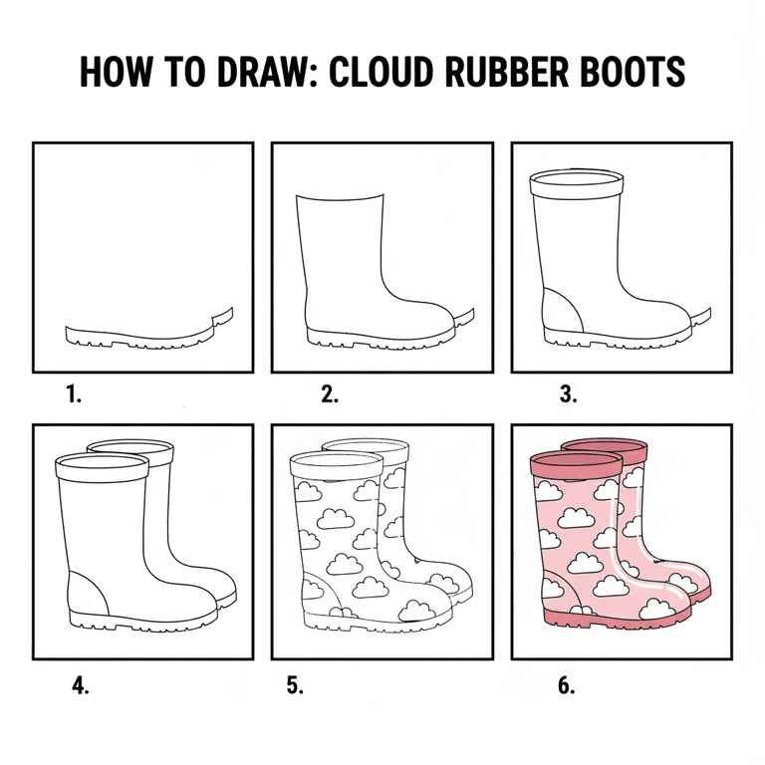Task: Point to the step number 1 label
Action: [73, 394]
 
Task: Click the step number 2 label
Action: [330, 394]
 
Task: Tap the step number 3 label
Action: [568, 394]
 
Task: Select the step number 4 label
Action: [81, 685]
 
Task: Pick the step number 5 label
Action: [295, 685]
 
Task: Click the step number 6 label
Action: [566, 685]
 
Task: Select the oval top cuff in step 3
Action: [578, 183]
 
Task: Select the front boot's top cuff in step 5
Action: [336, 466]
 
